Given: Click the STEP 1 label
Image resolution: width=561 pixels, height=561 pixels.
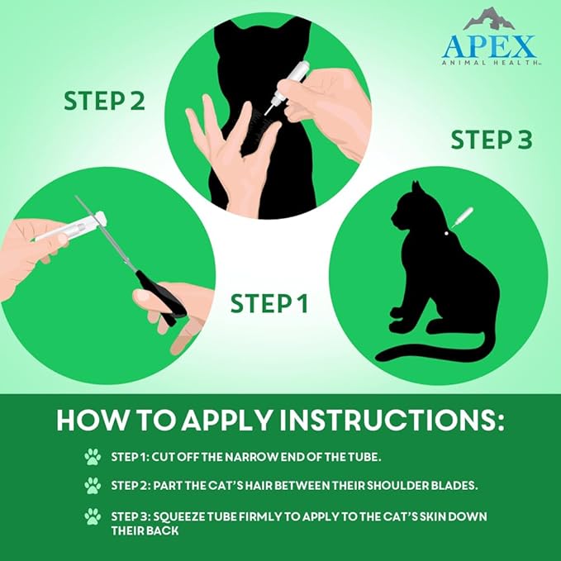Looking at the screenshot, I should tap(269, 303).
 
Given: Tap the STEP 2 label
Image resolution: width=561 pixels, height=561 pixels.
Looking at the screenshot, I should tap(104, 101).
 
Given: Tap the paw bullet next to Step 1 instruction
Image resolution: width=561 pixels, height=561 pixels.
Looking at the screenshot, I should tap(93, 455).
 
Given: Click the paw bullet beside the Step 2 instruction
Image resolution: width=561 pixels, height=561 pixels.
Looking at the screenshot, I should tap(93, 486).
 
